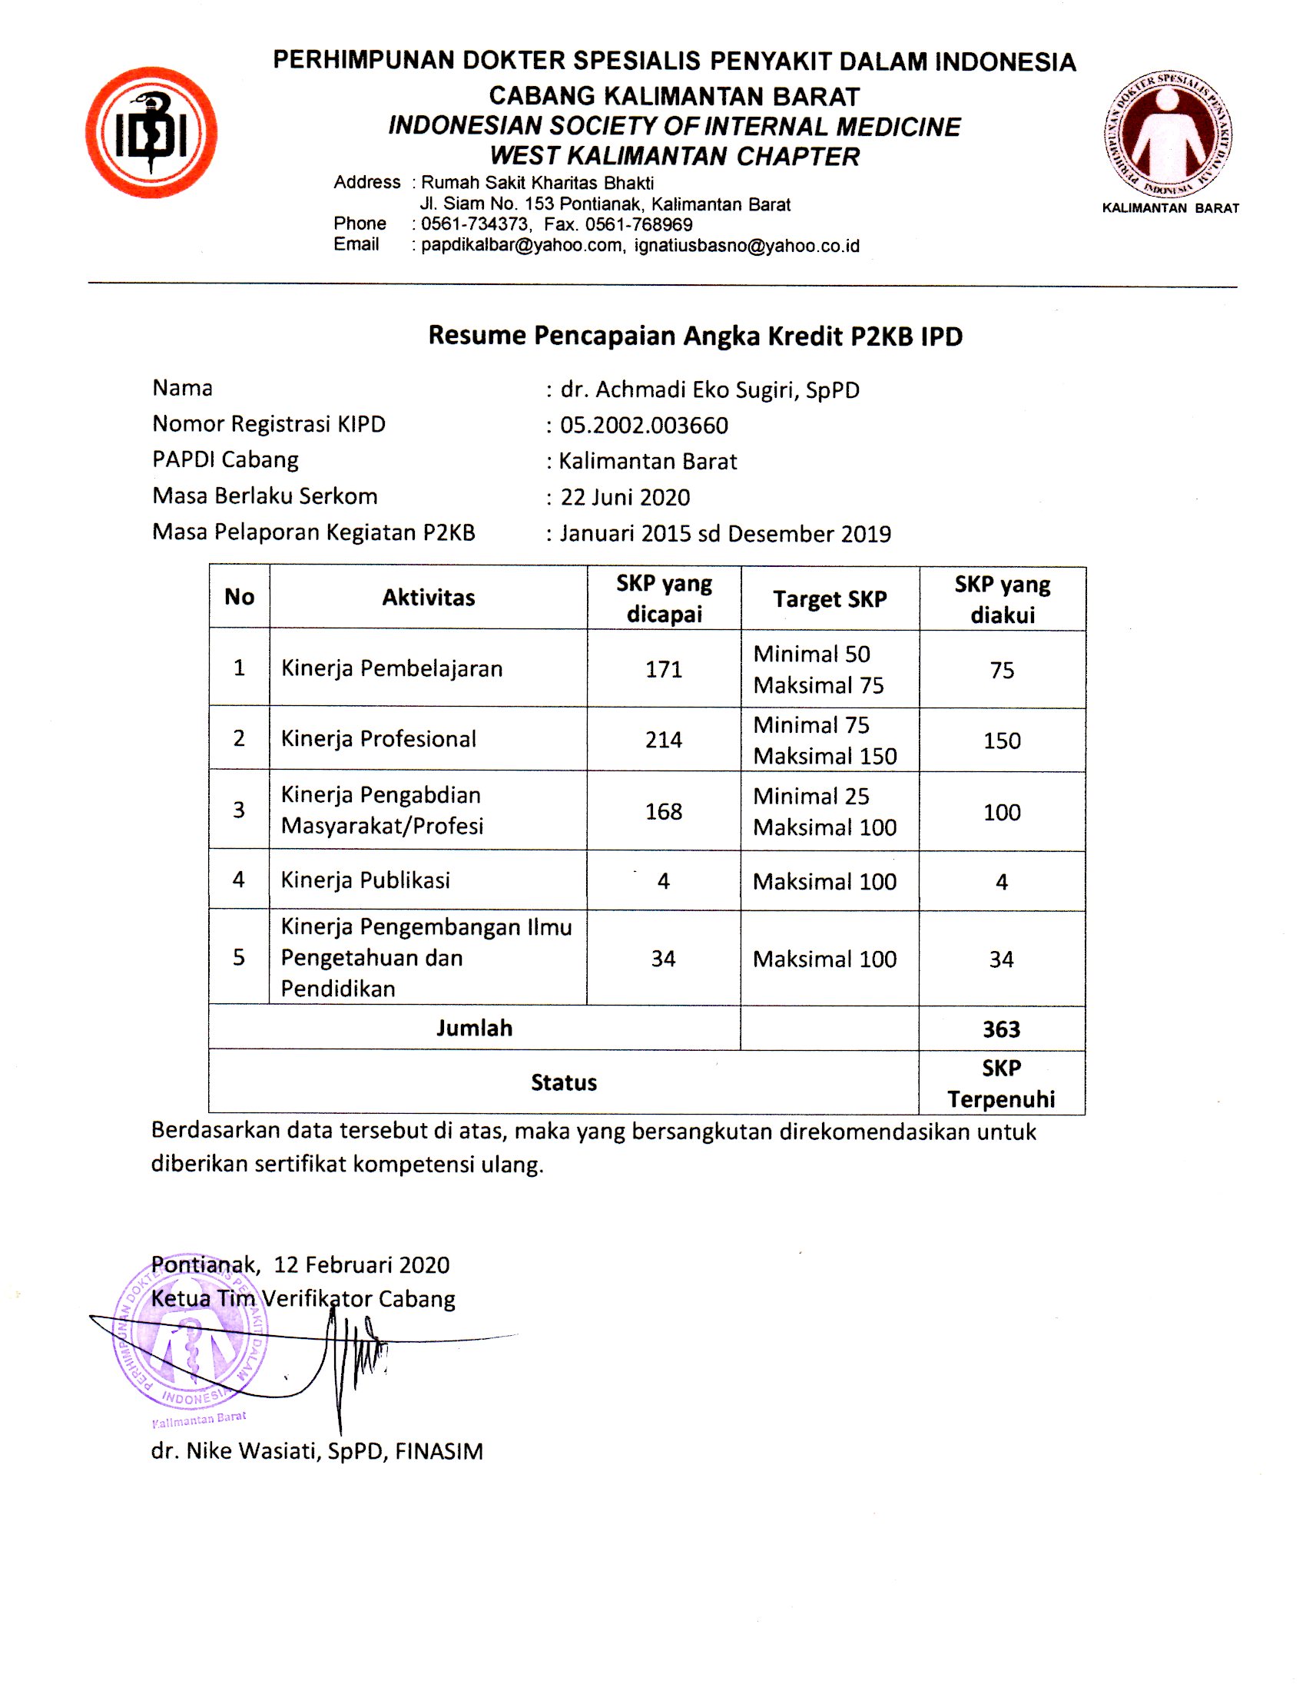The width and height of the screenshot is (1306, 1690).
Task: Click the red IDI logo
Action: click(x=151, y=132)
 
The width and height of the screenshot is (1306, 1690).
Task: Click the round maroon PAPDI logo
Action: click(x=1168, y=134)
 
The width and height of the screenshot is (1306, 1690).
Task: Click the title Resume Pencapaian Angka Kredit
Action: click(x=694, y=336)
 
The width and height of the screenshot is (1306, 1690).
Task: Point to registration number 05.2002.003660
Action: click(x=644, y=426)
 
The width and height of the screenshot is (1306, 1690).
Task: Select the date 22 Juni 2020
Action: click(x=625, y=498)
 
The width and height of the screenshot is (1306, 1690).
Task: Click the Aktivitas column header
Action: click(x=429, y=598)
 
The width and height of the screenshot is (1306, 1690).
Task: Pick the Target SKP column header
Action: click(x=830, y=599)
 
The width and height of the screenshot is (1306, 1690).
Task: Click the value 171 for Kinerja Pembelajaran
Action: click(x=664, y=669)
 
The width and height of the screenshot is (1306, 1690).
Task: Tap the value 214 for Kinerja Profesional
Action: click(x=664, y=741)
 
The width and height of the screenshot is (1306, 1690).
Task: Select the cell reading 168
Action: click(x=664, y=812)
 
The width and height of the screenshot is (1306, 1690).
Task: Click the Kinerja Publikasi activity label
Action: click(x=365, y=880)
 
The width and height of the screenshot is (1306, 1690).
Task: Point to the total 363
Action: click(x=1001, y=1029)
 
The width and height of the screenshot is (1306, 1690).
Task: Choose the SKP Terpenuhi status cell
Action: click(x=1001, y=1083)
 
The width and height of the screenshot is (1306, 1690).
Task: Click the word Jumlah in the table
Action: click(x=474, y=1029)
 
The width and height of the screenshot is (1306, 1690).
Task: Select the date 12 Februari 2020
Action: click(x=361, y=1264)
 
